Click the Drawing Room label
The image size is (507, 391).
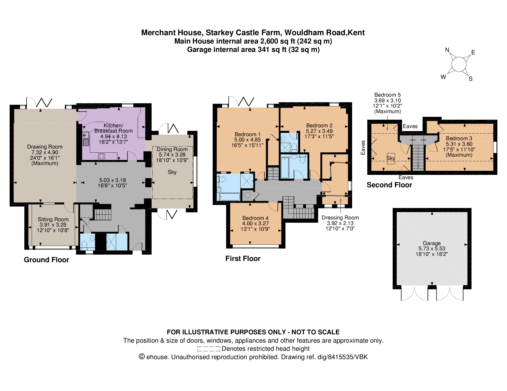(x=45, y=147)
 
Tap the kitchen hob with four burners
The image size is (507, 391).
(x=101, y=156)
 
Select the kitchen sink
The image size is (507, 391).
(x=86, y=139)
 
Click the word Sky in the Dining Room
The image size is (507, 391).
(x=172, y=172)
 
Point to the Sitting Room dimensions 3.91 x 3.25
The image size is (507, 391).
(x=53, y=225)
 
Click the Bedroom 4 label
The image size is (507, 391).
(x=255, y=218)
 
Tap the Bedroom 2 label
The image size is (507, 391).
(x=319, y=126)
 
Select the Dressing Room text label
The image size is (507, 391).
(x=340, y=218)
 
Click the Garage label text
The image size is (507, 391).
(x=431, y=243)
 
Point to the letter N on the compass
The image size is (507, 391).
(x=447, y=50)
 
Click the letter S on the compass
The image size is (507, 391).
(x=470, y=79)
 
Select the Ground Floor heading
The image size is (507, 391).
(x=46, y=260)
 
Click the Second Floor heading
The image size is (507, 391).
(x=389, y=185)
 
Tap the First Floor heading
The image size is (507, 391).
(x=243, y=259)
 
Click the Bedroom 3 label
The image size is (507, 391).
(x=459, y=138)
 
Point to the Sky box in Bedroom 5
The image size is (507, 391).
(x=391, y=159)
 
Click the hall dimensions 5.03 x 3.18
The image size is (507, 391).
(x=112, y=180)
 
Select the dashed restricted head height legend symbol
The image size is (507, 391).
(x=208, y=349)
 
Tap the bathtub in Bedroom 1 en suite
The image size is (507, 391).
(x=230, y=197)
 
